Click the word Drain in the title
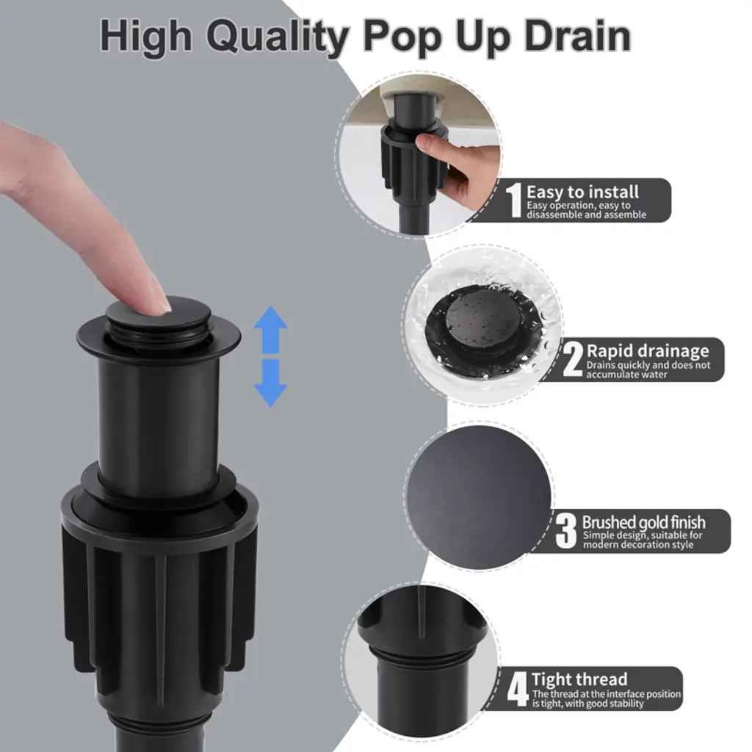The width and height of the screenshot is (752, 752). point(577,36)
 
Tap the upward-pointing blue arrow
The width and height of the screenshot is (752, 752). point(270,330)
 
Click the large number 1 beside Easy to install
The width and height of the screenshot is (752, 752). point(515,200)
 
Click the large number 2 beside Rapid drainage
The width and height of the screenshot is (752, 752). point(573,359)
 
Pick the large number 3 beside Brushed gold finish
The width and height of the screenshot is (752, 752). point(566,531)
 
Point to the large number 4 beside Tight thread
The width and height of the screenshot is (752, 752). point(518,689)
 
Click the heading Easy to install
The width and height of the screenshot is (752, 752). point(582,192)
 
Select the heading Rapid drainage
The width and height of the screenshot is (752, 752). point(648,351)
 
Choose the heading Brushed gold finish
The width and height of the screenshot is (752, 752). point(643,522)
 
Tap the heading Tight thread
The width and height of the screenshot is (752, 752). point(579,679)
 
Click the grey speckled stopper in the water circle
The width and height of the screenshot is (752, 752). point(483,317)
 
